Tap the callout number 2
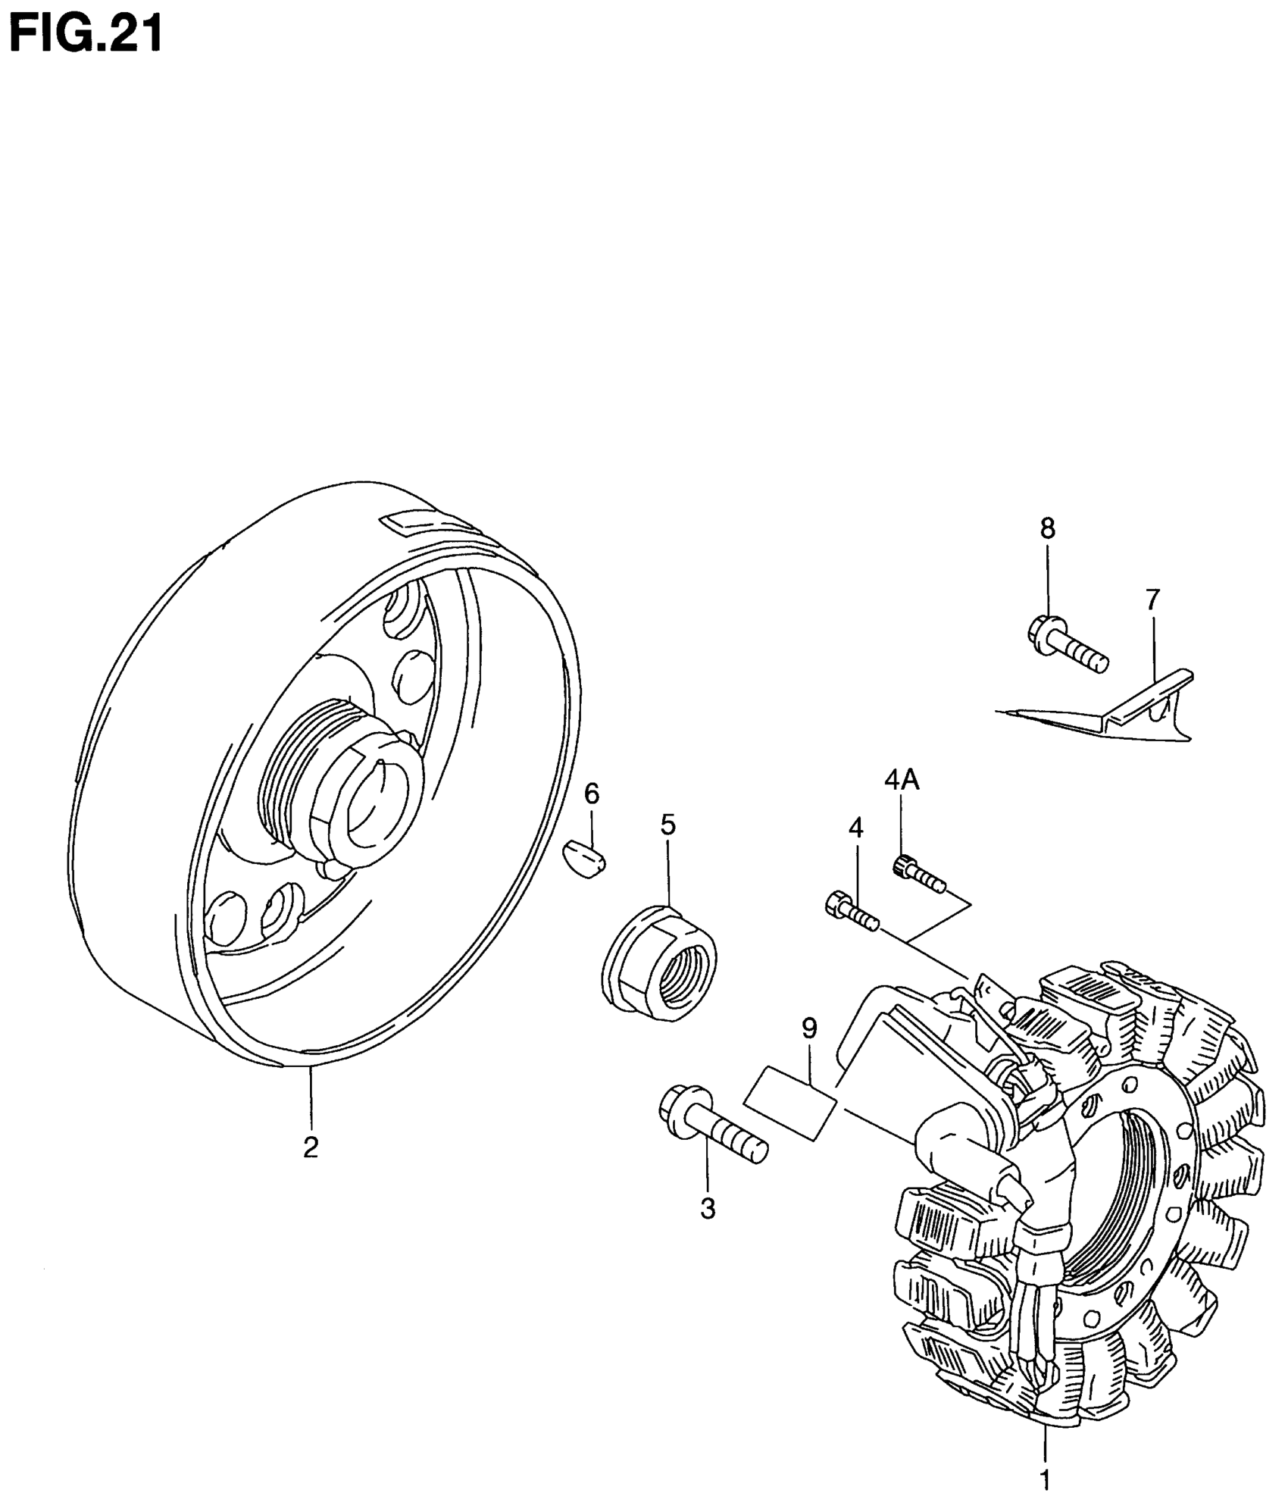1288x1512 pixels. click(x=310, y=1169)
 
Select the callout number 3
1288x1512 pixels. click(x=708, y=1229)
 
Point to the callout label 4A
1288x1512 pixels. click(x=902, y=780)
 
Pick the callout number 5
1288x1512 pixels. click(x=667, y=824)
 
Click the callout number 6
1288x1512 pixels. click(x=592, y=794)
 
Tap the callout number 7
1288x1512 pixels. click(x=1152, y=599)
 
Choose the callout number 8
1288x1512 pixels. click(x=1047, y=528)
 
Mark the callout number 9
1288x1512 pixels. click(x=809, y=1028)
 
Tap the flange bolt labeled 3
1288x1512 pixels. click(x=712, y=1135)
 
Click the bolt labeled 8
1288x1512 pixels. click(x=1068, y=646)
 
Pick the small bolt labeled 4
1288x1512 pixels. click(x=851, y=912)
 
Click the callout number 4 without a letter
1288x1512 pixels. click(x=855, y=828)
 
